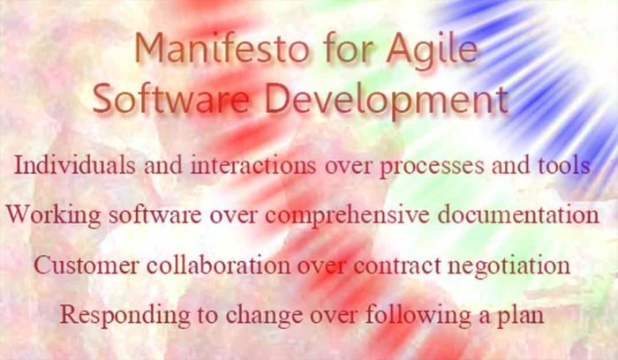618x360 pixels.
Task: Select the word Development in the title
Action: [388, 99]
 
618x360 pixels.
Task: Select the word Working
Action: [54, 214]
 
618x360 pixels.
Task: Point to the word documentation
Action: [522, 214]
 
